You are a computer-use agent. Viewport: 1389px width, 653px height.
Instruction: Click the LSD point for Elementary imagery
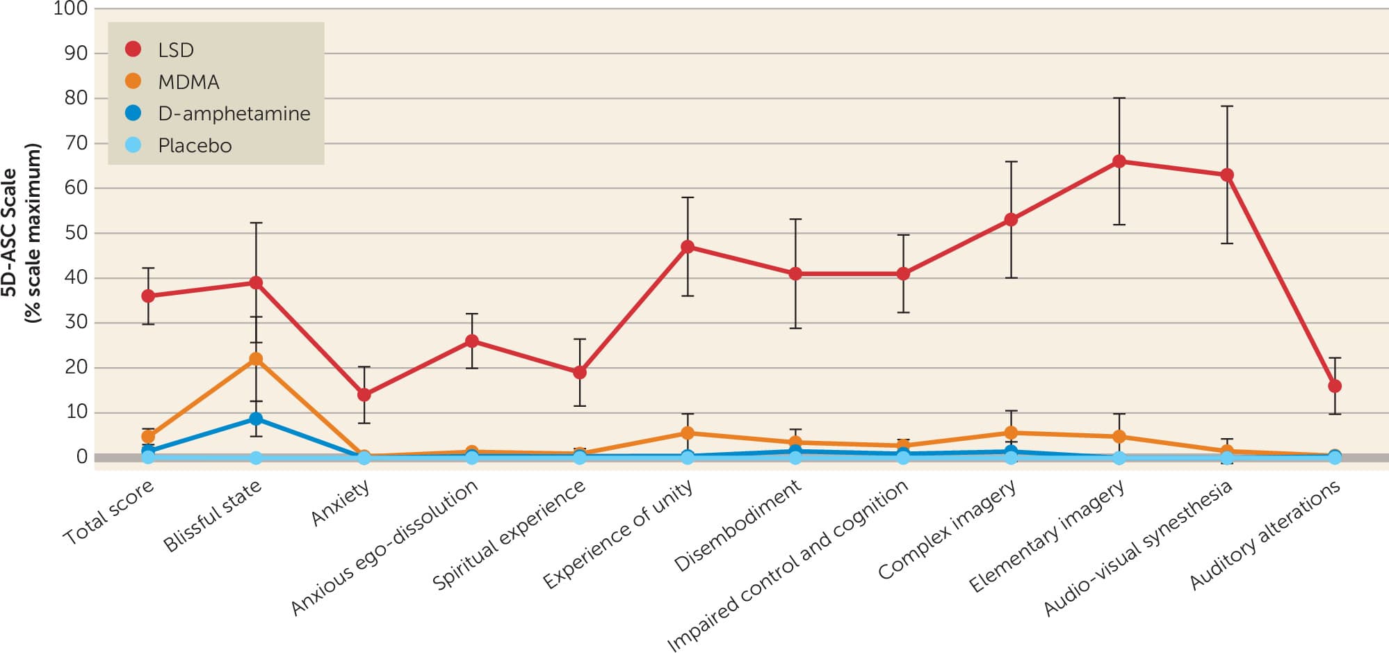pyautogui.click(x=1119, y=161)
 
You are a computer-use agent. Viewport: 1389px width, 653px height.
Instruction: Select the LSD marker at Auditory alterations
pyautogui.click(x=1335, y=386)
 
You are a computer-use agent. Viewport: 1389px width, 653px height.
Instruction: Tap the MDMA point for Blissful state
pyautogui.click(x=256, y=359)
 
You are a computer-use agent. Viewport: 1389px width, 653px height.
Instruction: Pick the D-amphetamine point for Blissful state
pyautogui.click(x=256, y=419)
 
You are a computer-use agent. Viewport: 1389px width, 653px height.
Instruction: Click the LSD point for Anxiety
pyautogui.click(x=364, y=395)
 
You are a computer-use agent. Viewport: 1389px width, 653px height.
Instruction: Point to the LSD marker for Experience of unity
pyautogui.click(x=688, y=247)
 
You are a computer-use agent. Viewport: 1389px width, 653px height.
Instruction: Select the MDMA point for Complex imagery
pyautogui.click(x=1011, y=433)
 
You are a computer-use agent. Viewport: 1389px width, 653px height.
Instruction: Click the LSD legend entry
pyautogui.click(x=176, y=50)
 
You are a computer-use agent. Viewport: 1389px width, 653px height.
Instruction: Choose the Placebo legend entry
pyautogui.click(x=195, y=145)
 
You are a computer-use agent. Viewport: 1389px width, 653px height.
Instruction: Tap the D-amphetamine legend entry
pyautogui.click(x=234, y=113)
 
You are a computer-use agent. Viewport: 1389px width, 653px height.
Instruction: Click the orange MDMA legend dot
pyautogui.click(x=133, y=81)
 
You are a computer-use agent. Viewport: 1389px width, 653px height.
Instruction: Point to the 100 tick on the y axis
pyautogui.click(x=70, y=9)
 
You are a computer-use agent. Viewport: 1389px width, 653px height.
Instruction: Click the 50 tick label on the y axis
pyautogui.click(x=76, y=233)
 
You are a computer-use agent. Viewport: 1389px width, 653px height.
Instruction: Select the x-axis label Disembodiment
pyautogui.click(x=738, y=526)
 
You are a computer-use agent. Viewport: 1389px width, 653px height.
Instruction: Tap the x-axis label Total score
pyautogui.click(x=108, y=513)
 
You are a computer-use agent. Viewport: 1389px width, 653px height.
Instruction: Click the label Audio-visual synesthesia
pyautogui.click(x=1138, y=548)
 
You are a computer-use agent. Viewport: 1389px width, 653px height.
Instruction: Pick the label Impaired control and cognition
pyautogui.click(x=788, y=566)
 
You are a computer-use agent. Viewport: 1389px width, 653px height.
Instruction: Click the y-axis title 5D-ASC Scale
pyautogui.click(x=10, y=233)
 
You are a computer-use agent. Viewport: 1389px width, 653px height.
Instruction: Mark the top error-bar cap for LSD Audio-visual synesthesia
pyautogui.click(x=1227, y=106)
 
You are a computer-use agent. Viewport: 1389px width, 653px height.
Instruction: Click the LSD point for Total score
pyautogui.click(x=148, y=296)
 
